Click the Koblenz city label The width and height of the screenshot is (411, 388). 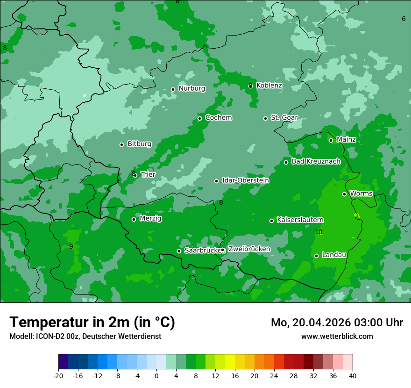pos(269,86)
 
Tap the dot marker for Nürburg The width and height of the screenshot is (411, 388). pos(173,89)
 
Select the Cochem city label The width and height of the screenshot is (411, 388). pos(218,118)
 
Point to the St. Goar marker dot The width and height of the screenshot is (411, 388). pos(265,118)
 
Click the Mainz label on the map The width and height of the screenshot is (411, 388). pos(346,140)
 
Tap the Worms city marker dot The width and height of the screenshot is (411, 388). pos(344,194)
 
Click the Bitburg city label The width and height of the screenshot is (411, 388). pos(139,144)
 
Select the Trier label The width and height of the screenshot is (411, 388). pos(148,175)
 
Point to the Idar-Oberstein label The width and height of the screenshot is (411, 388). pos(245,180)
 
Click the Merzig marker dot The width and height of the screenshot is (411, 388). pos(134,219)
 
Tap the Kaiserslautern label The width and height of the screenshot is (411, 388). pos(300,220)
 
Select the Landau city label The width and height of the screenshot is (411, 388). pos(334,255)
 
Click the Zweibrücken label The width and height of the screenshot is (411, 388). pos(249,249)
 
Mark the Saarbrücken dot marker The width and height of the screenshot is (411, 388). pos(179,251)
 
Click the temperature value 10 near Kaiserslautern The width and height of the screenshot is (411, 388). pos(319,232)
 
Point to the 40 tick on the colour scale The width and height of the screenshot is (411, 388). pos(353,375)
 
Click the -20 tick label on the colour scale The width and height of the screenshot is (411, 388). pos(58,375)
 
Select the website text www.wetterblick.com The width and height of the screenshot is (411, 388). pos(337,337)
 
